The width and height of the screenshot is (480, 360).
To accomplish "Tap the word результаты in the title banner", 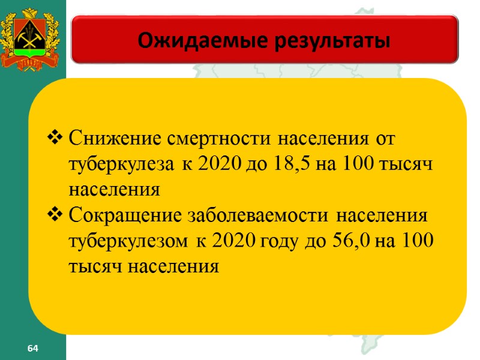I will pyautogui.click(x=323, y=41).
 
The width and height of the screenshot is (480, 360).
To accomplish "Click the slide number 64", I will pyautogui.click(x=32, y=349).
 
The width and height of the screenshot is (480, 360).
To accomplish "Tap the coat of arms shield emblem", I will pyautogui.click(x=32, y=36).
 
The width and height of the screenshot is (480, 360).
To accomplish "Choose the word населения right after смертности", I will pyautogui.click(x=319, y=139).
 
